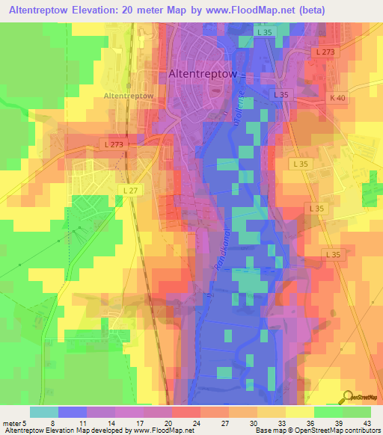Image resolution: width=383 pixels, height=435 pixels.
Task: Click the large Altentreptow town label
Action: (203, 74)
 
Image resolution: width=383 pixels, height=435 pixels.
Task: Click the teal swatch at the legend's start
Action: (44, 412)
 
